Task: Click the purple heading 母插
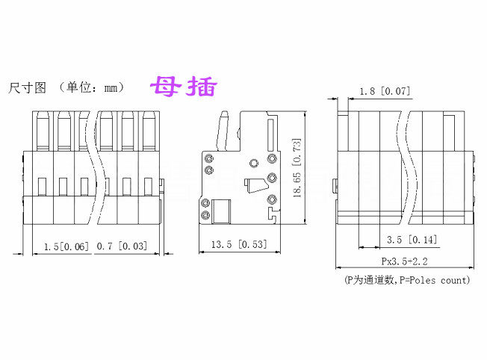(184, 87)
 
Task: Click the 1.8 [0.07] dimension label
(385, 92)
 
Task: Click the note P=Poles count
(434, 280)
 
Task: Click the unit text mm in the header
(112, 88)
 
